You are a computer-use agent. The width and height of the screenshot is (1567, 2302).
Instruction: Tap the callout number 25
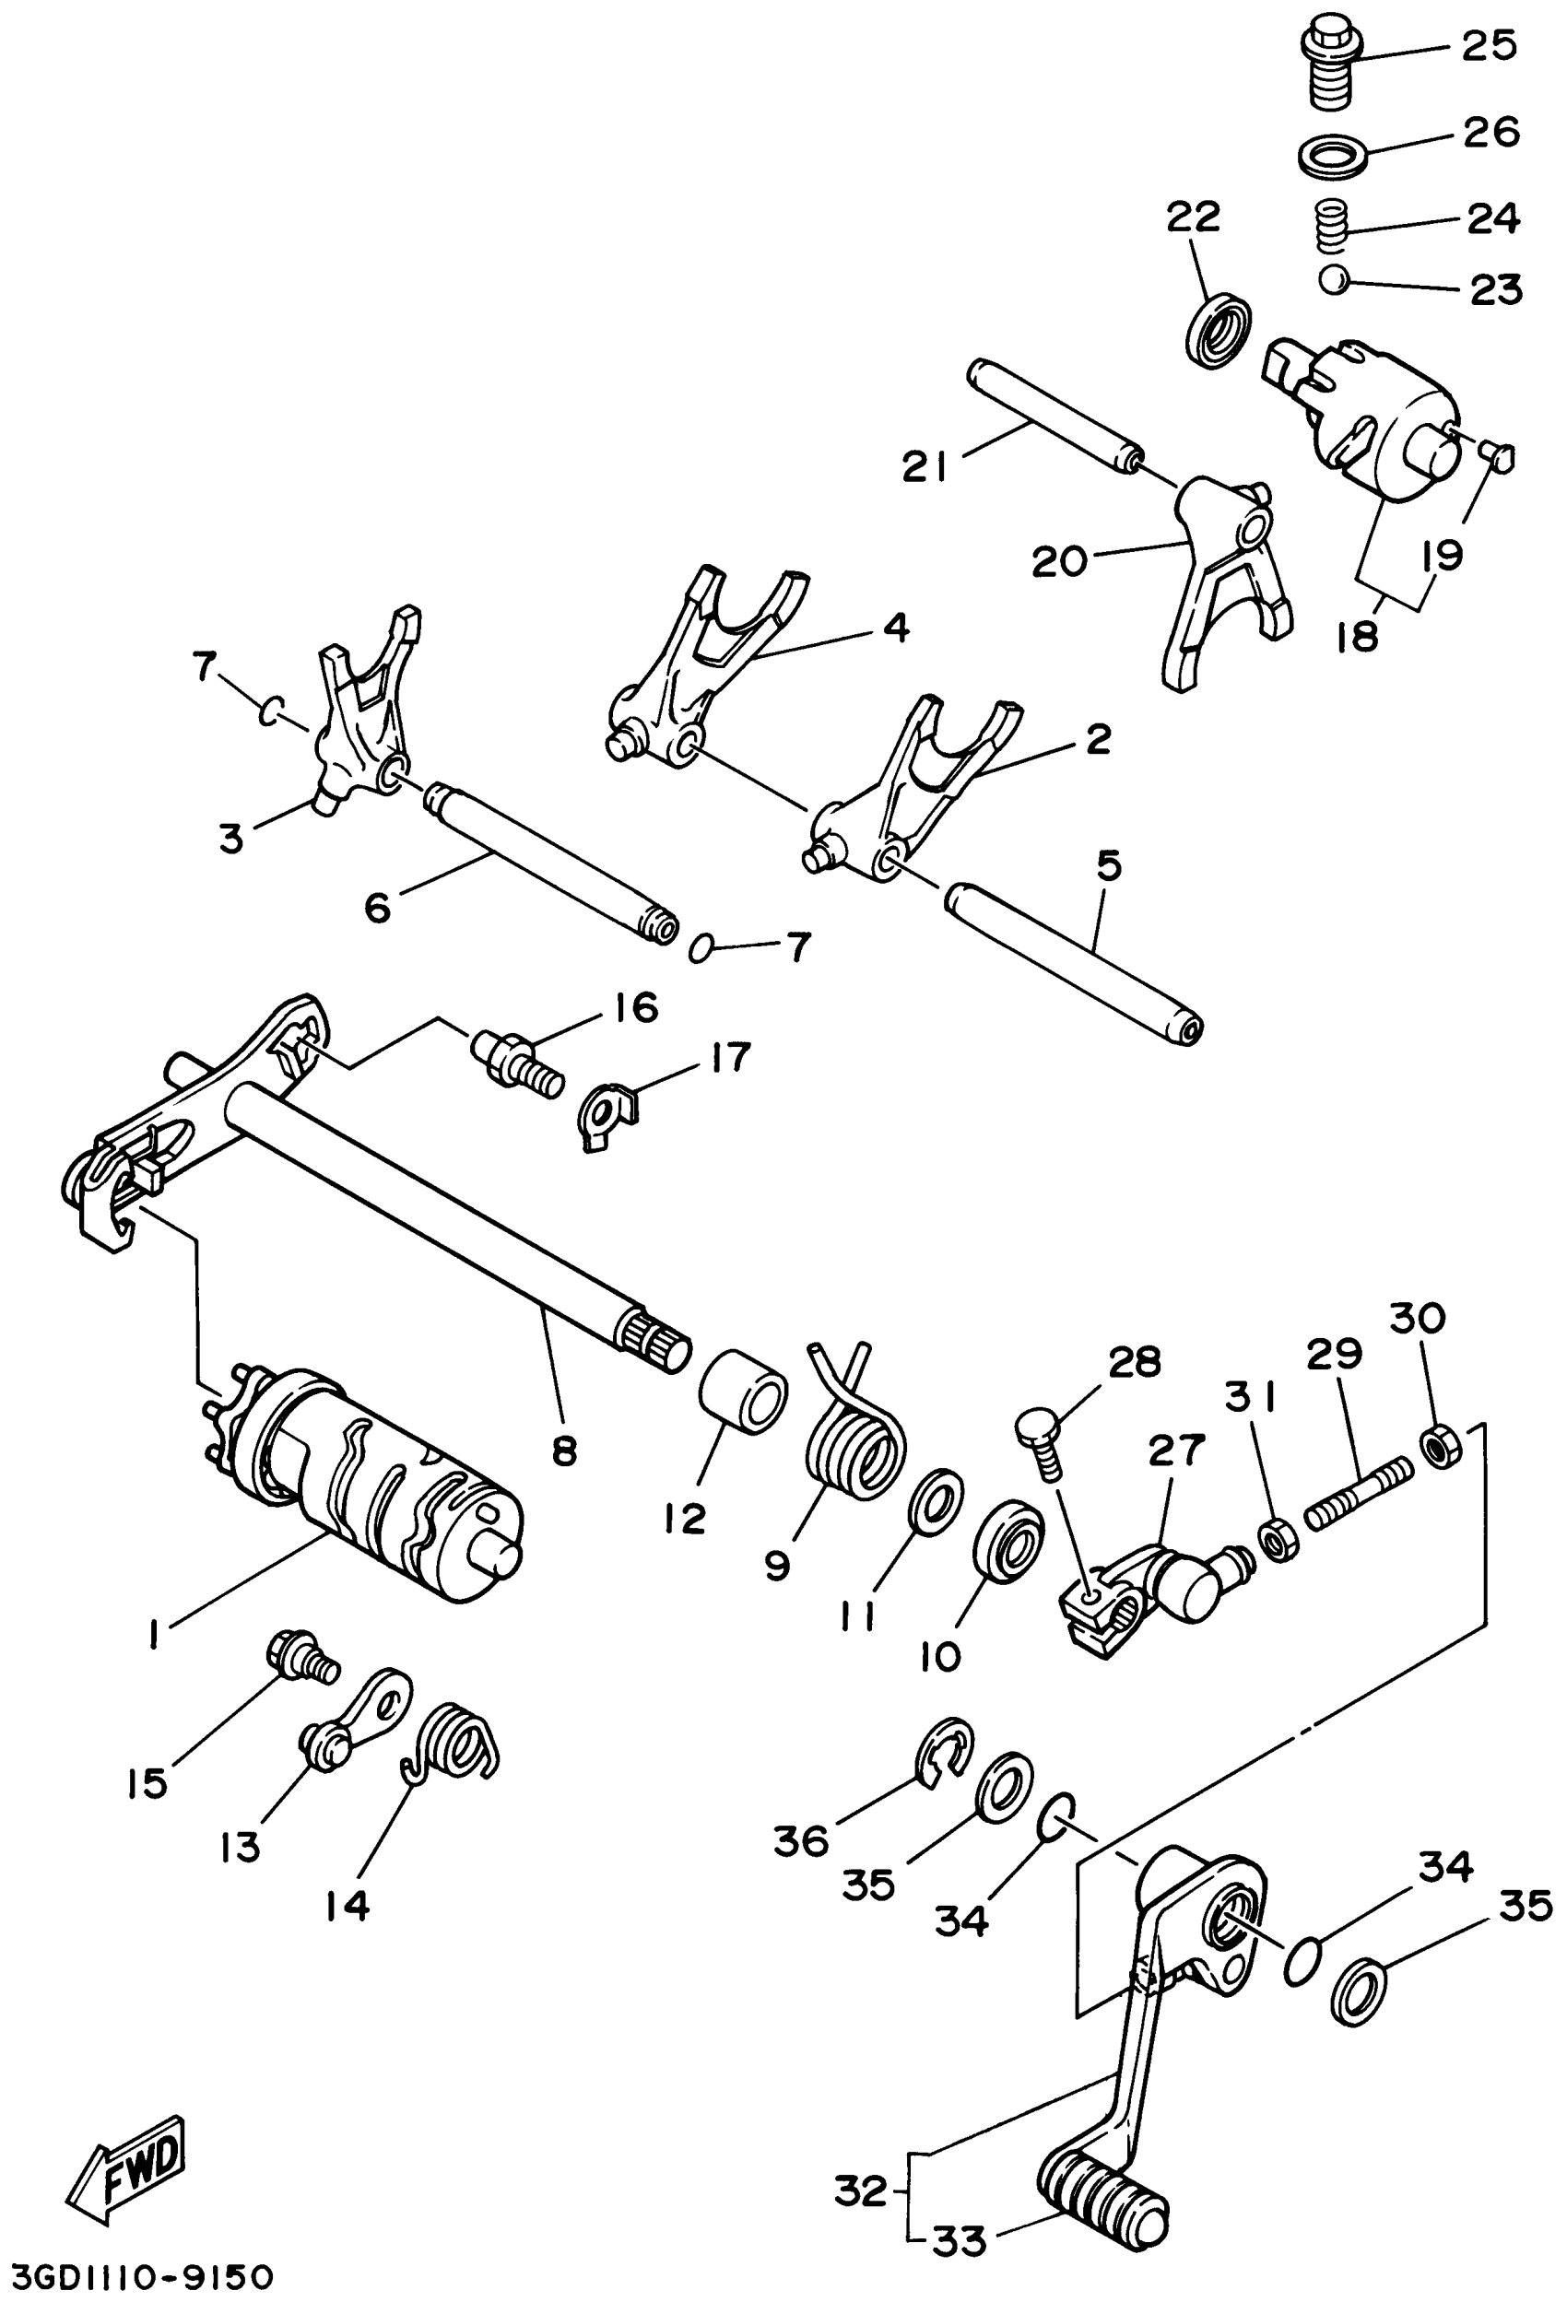(x=1488, y=45)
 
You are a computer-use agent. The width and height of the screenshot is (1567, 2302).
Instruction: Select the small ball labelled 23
(x=1334, y=280)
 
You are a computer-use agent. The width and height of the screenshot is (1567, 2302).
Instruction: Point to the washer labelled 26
(x=1332, y=157)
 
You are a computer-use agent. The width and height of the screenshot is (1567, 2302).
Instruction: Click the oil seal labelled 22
(x=1219, y=329)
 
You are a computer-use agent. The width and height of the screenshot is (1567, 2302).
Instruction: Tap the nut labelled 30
(x=1443, y=1446)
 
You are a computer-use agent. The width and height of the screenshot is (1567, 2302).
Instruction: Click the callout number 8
(x=563, y=1452)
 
